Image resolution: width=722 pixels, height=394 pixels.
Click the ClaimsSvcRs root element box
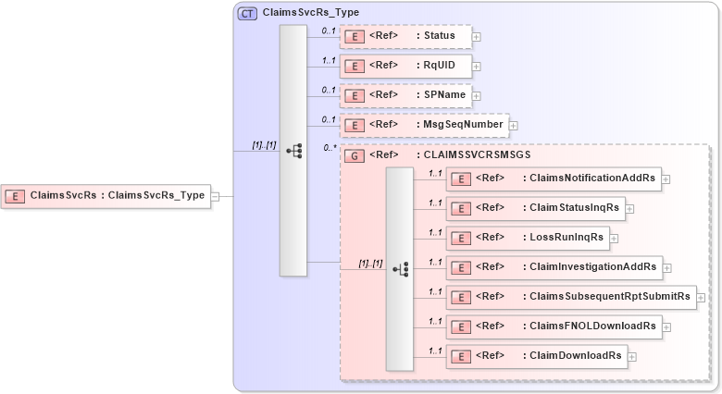click(106, 195)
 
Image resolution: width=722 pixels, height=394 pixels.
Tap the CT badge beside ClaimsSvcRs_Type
click(247, 14)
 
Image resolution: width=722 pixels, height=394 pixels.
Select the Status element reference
click(405, 36)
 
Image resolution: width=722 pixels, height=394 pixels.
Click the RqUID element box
click(405, 66)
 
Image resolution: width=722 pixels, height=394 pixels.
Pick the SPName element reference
click(405, 95)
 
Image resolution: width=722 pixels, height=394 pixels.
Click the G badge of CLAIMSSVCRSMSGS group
click(352, 155)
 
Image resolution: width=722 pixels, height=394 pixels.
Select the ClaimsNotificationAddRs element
click(554, 179)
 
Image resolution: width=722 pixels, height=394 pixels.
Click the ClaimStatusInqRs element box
click(535, 208)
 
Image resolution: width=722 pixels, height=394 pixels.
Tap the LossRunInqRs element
click(528, 238)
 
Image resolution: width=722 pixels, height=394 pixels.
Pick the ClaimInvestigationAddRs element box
click(554, 267)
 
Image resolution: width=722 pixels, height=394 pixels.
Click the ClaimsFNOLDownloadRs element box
click(554, 326)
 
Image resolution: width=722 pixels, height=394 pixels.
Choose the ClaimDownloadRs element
click(535, 355)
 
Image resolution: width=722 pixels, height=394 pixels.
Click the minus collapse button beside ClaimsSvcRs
click(215, 196)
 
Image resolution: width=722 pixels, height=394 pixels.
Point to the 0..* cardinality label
click(329, 148)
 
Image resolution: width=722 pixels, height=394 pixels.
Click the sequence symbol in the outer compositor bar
click(293, 150)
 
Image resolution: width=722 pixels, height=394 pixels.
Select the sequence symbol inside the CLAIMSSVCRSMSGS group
click(400, 269)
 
